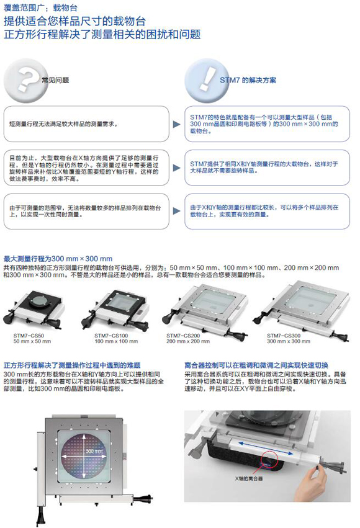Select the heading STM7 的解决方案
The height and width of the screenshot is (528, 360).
click(x=248, y=80)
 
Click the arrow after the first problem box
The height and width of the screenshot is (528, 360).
click(x=177, y=124)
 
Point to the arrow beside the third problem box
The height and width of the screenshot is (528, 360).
click(x=177, y=211)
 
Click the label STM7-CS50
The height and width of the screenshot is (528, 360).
click(x=29, y=336)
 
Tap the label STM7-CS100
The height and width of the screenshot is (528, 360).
click(x=111, y=336)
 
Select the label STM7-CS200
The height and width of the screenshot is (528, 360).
click(x=183, y=336)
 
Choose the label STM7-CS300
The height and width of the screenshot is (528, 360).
click(x=284, y=336)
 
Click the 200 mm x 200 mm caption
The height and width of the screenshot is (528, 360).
click(x=188, y=341)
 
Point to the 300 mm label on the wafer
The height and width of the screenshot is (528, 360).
click(x=94, y=451)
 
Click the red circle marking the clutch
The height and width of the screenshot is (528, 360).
click(x=269, y=459)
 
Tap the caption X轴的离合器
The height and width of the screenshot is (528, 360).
click(x=249, y=478)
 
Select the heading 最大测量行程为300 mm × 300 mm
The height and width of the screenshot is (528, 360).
click(x=58, y=259)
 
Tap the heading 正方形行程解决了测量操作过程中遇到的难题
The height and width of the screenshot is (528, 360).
click(x=72, y=365)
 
